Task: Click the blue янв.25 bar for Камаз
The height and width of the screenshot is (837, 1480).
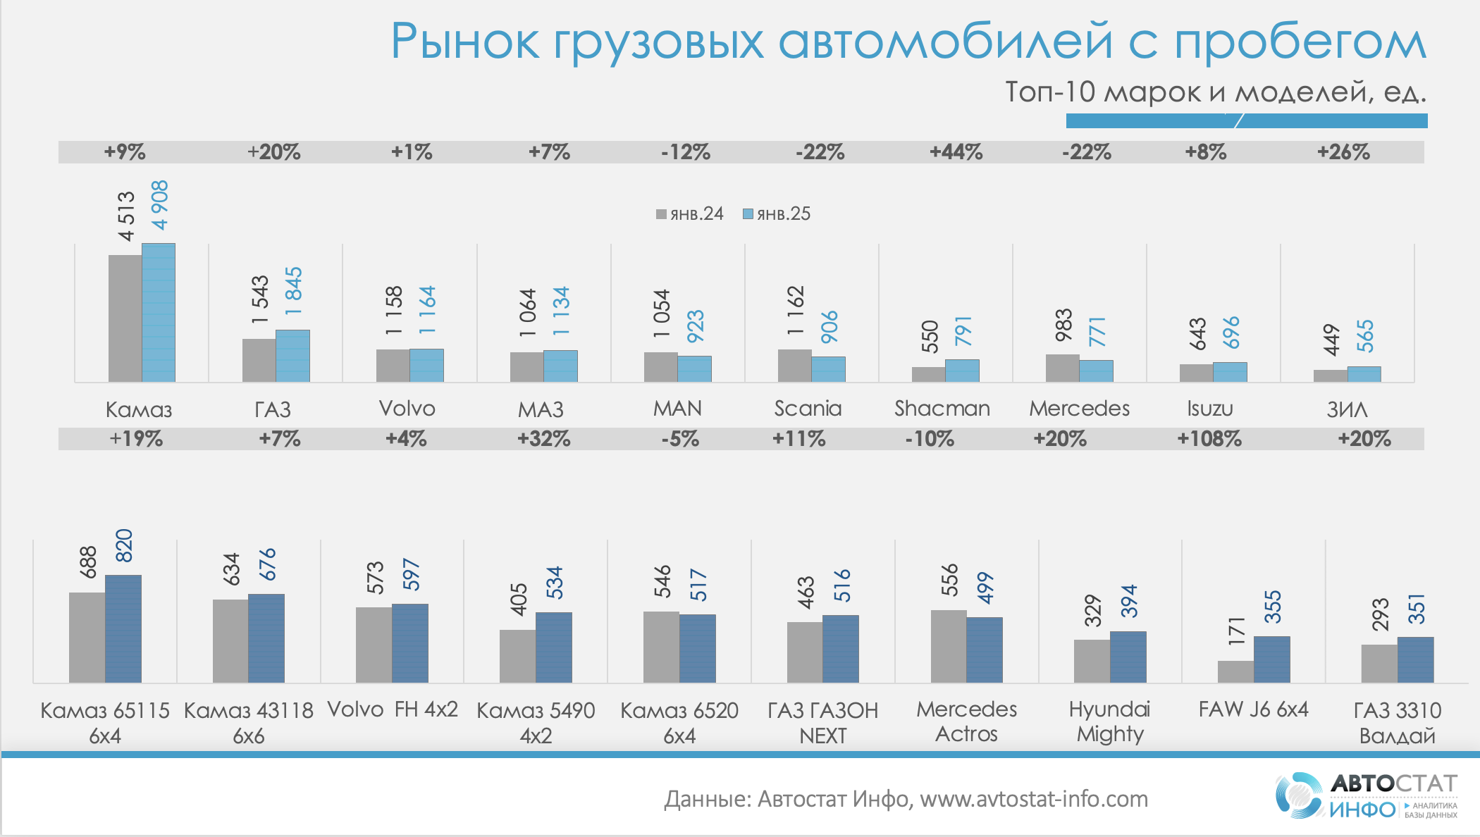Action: click(159, 313)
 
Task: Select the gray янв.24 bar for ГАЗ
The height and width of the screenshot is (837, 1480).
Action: click(259, 360)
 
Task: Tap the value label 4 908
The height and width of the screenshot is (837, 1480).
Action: click(160, 205)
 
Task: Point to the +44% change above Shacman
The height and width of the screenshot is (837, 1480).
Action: click(956, 152)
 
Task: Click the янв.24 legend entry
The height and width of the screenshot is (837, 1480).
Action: click(690, 214)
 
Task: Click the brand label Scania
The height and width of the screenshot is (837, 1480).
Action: click(808, 409)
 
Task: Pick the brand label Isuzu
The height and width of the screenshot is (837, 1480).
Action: click(1209, 409)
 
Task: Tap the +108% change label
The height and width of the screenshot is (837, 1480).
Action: click(1209, 439)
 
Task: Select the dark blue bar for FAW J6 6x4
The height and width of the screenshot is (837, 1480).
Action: click(1271, 659)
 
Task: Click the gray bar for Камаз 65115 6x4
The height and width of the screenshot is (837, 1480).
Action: click(87, 638)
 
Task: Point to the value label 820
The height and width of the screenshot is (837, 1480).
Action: click(124, 545)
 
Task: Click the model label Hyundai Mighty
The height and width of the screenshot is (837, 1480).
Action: click(1109, 721)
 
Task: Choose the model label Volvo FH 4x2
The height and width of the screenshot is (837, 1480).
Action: click(393, 709)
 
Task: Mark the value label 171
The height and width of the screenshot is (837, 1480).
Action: click(1237, 631)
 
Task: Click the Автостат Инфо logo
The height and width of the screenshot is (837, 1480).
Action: click(1366, 796)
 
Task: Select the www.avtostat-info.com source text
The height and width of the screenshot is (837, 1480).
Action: click(1034, 799)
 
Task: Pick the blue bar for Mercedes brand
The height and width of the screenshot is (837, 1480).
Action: click(1097, 371)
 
